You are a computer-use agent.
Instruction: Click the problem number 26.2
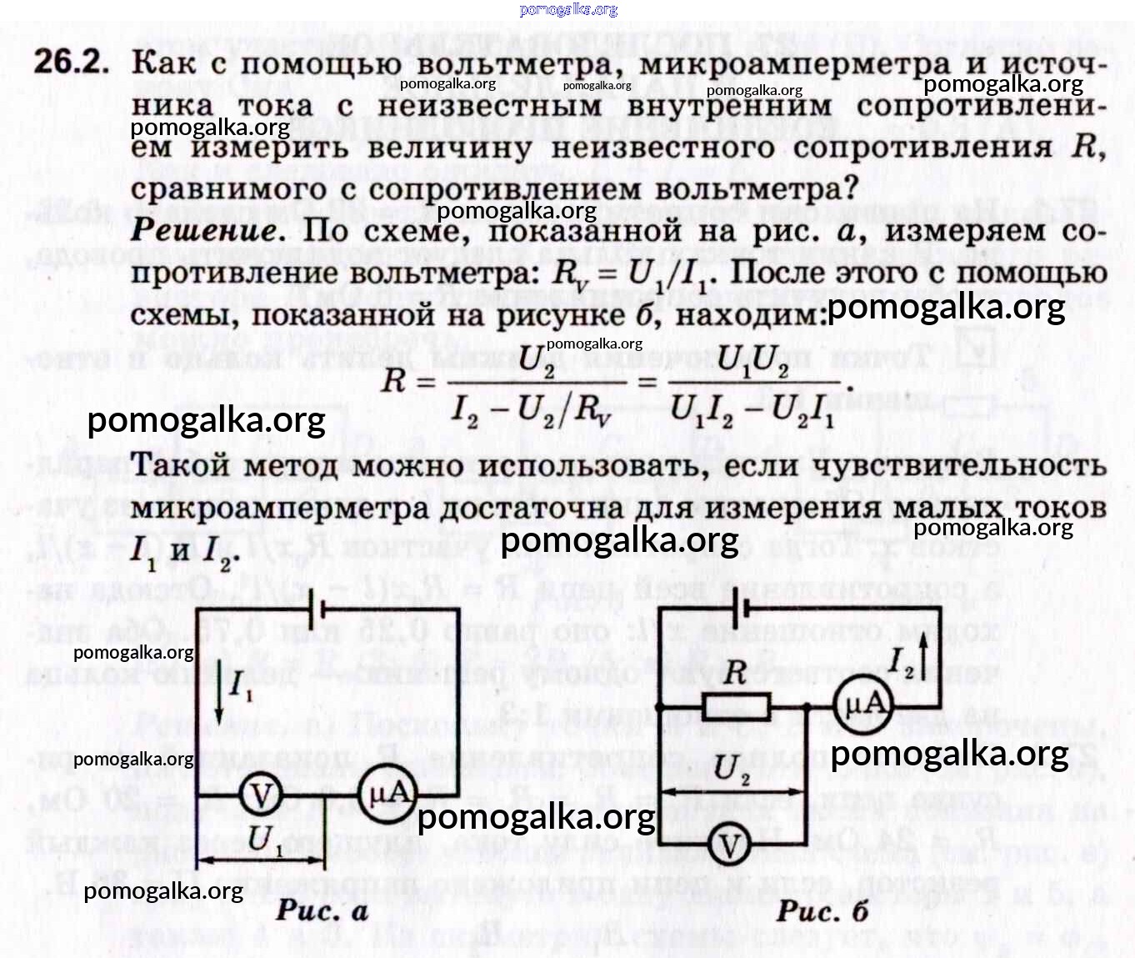point(72,63)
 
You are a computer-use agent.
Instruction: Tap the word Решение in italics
point(203,230)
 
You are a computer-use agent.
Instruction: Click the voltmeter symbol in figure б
point(730,845)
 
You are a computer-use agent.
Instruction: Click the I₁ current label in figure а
point(241,685)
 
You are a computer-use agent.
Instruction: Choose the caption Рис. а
point(322,910)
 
